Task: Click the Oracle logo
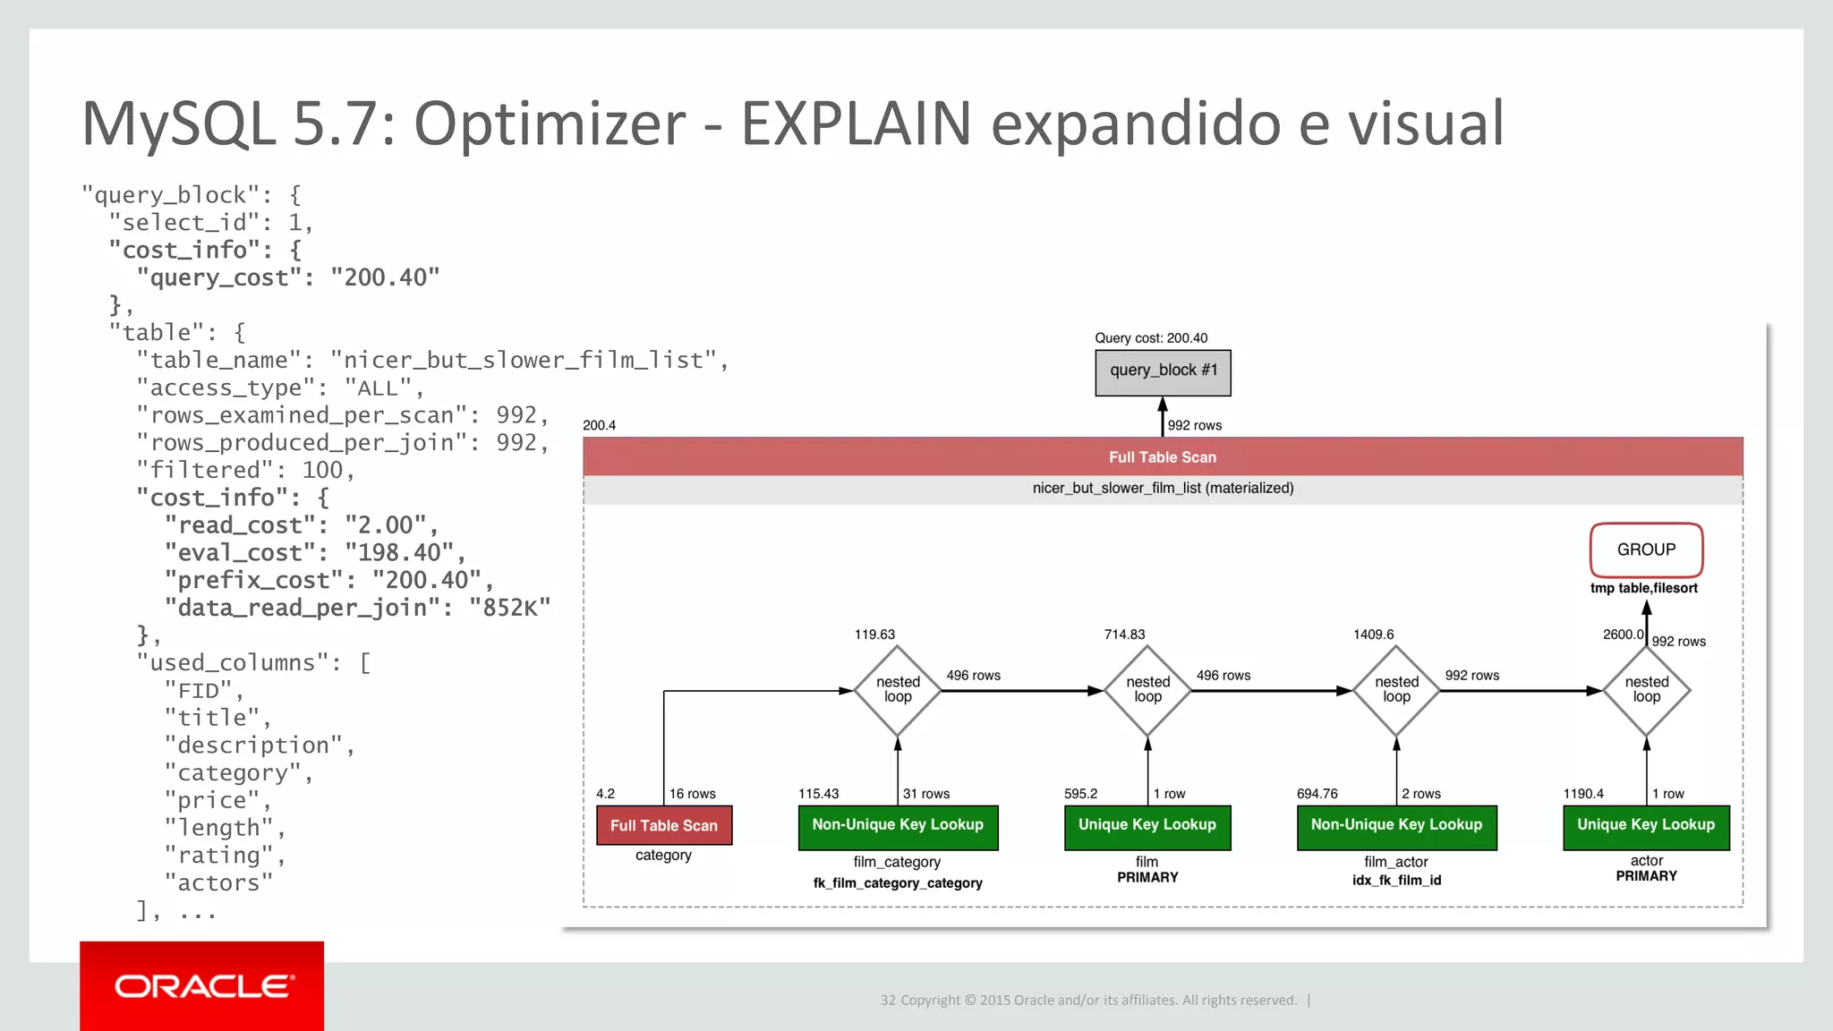pyautogui.click(x=202, y=986)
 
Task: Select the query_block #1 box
pyautogui.click(x=1163, y=371)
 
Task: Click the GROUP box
pyautogui.click(x=1646, y=550)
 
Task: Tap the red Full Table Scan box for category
pyautogui.click(x=664, y=825)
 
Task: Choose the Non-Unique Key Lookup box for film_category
pyautogui.click(x=898, y=825)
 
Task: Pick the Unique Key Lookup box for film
pyautogui.click(x=1147, y=825)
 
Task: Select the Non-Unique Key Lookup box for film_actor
pyautogui.click(x=1396, y=825)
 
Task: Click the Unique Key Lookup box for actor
pyautogui.click(x=1646, y=825)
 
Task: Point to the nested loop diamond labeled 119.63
pyautogui.click(x=898, y=690)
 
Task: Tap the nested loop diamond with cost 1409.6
pyautogui.click(x=1396, y=690)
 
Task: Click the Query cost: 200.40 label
pyautogui.click(x=1151, y=338)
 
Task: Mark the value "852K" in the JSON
pyautogui.click(x=509, y=609)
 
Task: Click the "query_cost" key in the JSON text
pyautogui.click(x=218, y=277)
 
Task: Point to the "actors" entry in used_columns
pyautogui.click(x=218, y=883)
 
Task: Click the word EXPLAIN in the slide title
pyautogui.click(x=856, y=124)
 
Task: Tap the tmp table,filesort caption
pyautogui.click(x=1643, y=588)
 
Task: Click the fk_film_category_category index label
pyautogui.click(x=898, y=883)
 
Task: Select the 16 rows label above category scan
pyautogui.click(x=692, y=794)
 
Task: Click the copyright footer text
pyautogui.click(x=1088, y=1001)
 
